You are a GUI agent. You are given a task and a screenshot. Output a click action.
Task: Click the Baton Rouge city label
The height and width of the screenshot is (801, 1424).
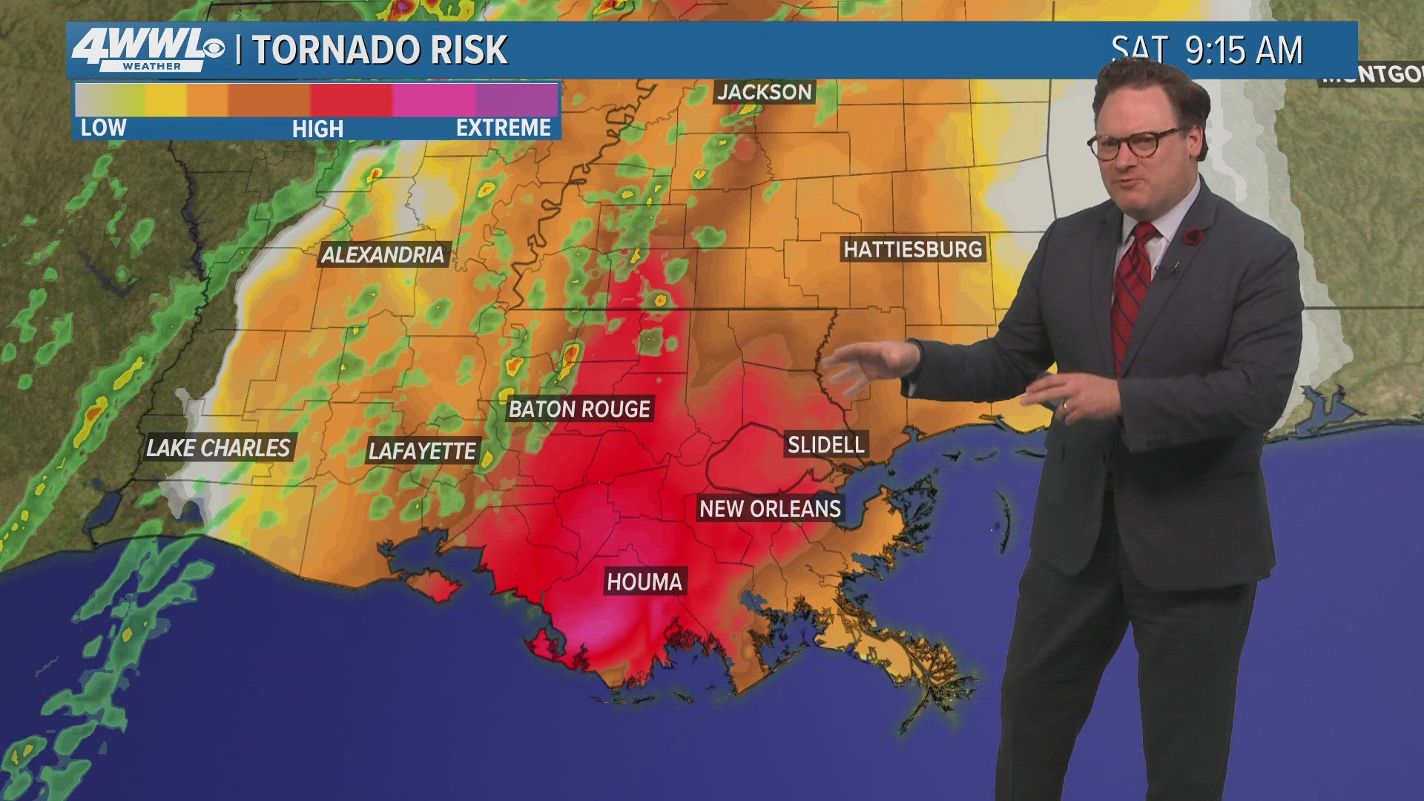point(579,409)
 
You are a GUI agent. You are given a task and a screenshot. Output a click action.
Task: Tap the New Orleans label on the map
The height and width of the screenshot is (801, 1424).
point(770,509)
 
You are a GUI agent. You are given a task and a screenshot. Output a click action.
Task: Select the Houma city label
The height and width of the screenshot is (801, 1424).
point(644,581)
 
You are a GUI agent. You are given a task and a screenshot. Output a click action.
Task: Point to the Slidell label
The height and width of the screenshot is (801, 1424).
point(825,445)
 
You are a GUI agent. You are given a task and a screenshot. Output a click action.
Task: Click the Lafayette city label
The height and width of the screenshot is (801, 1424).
point(422,451)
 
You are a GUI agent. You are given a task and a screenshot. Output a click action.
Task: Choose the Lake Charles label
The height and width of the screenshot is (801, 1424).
point(218,448)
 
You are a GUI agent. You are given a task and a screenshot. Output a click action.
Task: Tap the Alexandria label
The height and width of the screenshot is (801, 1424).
point(383,255)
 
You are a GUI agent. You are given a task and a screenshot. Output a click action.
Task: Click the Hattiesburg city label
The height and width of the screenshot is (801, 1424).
point(912,249)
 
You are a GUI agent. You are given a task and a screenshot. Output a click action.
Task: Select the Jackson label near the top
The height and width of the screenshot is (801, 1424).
point(765,92)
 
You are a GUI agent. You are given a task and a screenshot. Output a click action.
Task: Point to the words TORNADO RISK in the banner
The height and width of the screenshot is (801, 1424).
point(380,50)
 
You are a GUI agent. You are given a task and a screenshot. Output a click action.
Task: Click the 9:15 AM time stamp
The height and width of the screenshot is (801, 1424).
point(1243,50)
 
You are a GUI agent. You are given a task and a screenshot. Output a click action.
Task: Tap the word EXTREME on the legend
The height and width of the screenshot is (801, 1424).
point(503,128)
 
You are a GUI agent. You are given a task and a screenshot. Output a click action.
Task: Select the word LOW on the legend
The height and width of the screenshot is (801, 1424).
point(103,128)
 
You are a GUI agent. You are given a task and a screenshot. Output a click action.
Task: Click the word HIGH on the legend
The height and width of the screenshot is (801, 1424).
point(317,128)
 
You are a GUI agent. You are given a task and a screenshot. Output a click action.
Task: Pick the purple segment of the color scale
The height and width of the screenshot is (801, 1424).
point(517,100)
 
